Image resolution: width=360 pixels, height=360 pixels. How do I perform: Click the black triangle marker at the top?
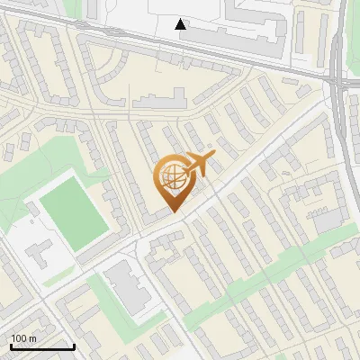[182, 24]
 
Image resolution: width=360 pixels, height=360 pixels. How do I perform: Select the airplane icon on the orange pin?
[198, 164]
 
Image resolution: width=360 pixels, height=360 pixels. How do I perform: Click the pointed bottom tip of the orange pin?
[174, 211]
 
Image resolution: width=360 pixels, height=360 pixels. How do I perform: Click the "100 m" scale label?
[24, 338]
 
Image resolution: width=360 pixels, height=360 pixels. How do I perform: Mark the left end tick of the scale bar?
[10, 346]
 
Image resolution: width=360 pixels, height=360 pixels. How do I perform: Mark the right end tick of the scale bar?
[74, 346]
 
